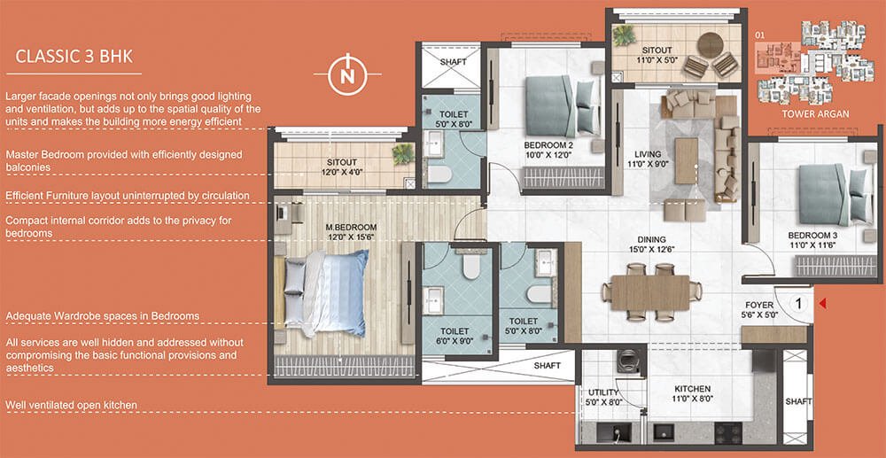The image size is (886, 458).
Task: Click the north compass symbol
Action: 348,74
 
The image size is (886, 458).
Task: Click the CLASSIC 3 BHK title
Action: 74,57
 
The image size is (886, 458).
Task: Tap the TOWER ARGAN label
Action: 815,114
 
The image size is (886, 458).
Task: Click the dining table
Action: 650,292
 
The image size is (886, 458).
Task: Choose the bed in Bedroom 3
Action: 832,195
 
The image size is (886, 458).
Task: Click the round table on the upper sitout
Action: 711,46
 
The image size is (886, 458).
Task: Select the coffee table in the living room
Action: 687,161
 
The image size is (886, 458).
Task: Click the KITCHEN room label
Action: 693,389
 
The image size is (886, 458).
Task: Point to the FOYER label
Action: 759,305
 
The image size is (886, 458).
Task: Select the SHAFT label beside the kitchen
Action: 798,401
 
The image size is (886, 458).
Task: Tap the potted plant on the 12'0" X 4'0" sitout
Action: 403,153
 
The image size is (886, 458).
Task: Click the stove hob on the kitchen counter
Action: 727,432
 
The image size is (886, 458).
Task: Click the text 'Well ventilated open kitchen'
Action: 71,405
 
